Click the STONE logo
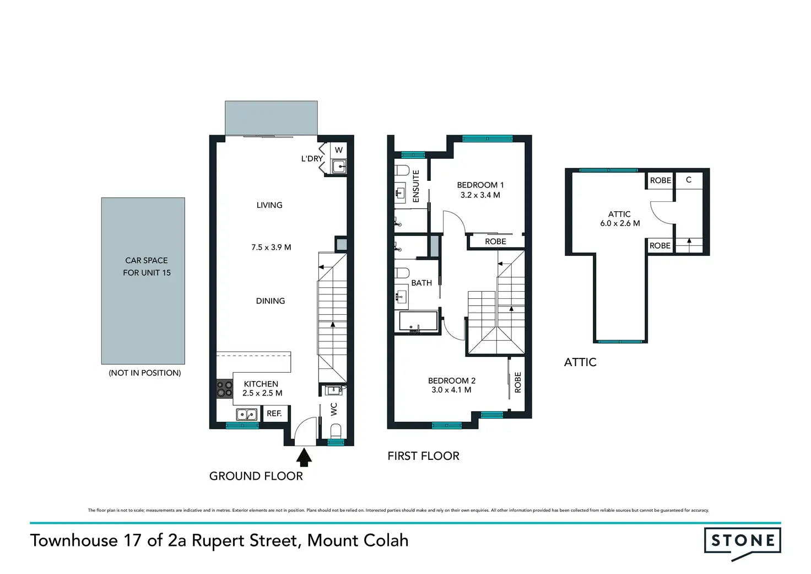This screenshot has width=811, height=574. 742,543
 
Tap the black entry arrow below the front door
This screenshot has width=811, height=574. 304,457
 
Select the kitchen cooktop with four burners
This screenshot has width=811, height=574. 224,389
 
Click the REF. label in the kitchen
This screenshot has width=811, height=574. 274,414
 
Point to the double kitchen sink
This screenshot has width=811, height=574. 247,414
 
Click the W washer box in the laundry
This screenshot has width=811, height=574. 338,150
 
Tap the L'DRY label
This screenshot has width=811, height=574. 312,159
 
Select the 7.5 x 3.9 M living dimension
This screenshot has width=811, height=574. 271,248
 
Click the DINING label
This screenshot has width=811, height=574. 271,301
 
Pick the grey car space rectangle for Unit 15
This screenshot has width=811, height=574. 143,281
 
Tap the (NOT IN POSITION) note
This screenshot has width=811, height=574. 145,373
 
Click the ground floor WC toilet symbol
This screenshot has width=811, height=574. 336,431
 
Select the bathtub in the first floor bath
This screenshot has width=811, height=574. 418,321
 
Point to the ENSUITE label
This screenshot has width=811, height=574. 416,186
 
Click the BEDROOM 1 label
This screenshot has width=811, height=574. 480,185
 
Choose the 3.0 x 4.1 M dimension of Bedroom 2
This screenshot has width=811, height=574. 451,390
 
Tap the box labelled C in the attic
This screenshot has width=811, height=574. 689,180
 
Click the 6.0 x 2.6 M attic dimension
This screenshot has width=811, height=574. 620,223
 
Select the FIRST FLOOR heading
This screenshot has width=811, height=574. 423,456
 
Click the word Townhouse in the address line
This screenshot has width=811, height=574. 74,541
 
